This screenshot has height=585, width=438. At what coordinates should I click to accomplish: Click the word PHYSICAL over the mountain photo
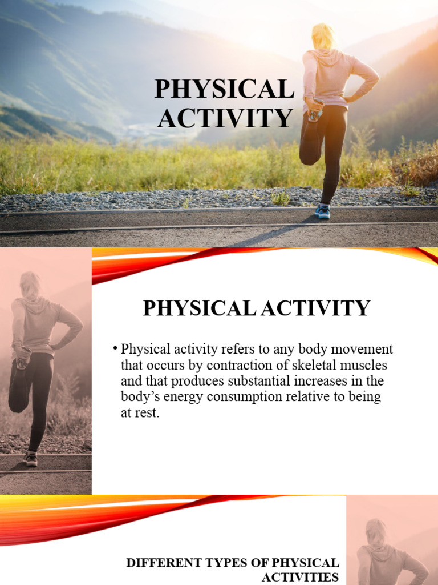pyautogui.click(x=225, y=90)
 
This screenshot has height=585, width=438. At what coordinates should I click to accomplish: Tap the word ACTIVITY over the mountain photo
pyautogui.click(x=225, y=118)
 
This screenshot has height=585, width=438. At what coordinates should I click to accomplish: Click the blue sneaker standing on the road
pyautogui.click(x=323, y=211)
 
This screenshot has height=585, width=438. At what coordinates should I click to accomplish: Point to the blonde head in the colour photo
pyautogui.click(x=323, y=37)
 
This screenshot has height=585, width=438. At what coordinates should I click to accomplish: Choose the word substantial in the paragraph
pyautogui.click(x=257, y=380)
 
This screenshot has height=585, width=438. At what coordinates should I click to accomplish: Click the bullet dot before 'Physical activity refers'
pyautogui.click(x=115, y=348)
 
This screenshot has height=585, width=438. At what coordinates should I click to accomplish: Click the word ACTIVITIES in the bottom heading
pyautogui.click(x=308, y=577)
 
